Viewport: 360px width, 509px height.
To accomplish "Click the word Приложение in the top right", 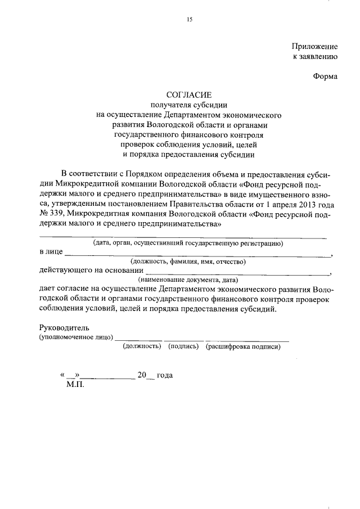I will pyautogui.click(x=315, y=46).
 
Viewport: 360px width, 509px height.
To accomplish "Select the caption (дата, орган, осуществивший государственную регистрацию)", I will pyautogui.click(x=188, y=244).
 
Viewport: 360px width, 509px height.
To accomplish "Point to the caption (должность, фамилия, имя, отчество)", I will pyautogui.click(x=188, y=262).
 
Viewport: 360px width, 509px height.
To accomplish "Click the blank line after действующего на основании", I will pyautogui.click(x=236, y=273).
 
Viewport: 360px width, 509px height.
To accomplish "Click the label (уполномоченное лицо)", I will pyautogui.click(x=76, y=337).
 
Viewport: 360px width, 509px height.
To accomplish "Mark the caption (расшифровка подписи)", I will pyautogui.click(x=243, y=346).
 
